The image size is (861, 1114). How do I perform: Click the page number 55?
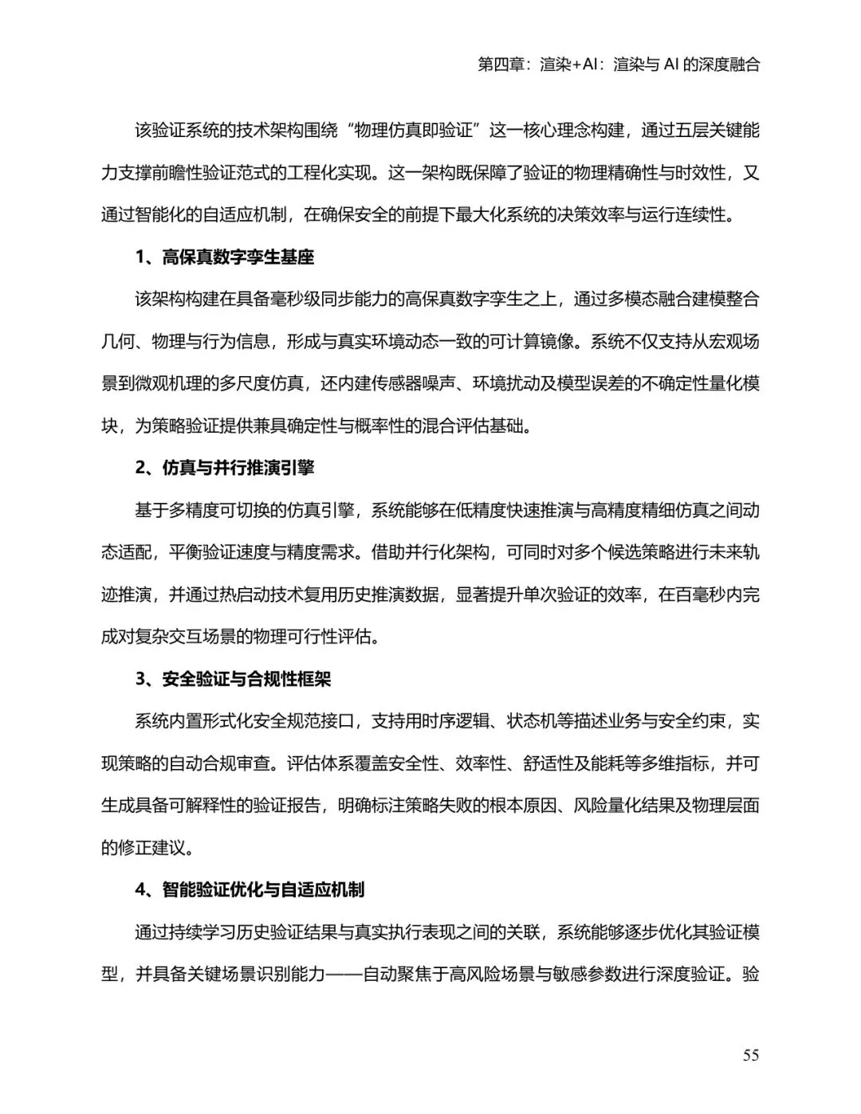tap(750, 1055)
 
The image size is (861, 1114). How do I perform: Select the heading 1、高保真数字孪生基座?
tap(225, 257)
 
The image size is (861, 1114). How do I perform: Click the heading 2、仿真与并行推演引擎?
tap(225, 468)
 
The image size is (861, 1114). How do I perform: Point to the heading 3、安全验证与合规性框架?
tap(233, 679)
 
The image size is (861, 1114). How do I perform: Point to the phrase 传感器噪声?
tap(415, 384)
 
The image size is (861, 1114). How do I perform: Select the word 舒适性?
tap(545, 763)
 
